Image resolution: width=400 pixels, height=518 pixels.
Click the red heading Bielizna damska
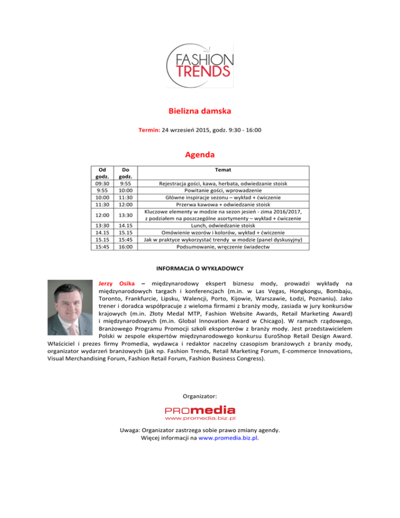[x=200, y=111]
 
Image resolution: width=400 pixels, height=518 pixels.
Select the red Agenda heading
[x=199, y=154]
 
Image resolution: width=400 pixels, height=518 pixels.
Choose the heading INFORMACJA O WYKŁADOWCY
[x=200, y=269]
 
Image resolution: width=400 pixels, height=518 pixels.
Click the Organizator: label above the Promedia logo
[x=200, y=397]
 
